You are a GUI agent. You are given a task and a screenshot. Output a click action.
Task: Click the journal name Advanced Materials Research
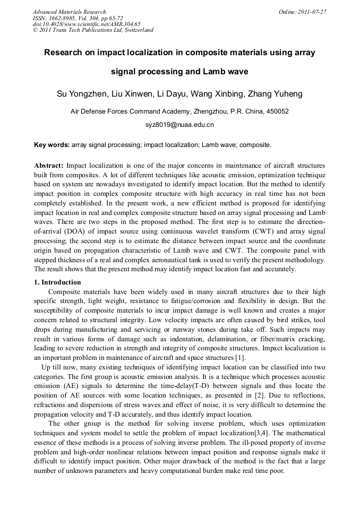click(70, 12)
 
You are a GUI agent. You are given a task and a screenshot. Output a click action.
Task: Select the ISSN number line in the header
click(78, 18)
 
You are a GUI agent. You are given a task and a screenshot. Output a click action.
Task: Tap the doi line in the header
click(87, 24)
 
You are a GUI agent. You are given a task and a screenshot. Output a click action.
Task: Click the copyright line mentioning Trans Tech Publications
click(93, 30)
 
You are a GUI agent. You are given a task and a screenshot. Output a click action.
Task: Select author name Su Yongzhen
click(80, 94)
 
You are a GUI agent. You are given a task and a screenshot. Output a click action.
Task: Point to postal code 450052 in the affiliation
click(277, 111)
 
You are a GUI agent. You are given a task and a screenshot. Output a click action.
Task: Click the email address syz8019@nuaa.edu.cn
click(179, 125)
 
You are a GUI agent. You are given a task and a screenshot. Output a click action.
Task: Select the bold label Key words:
click(52, 144)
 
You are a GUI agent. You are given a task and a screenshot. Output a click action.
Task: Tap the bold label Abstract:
click(49, 166)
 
